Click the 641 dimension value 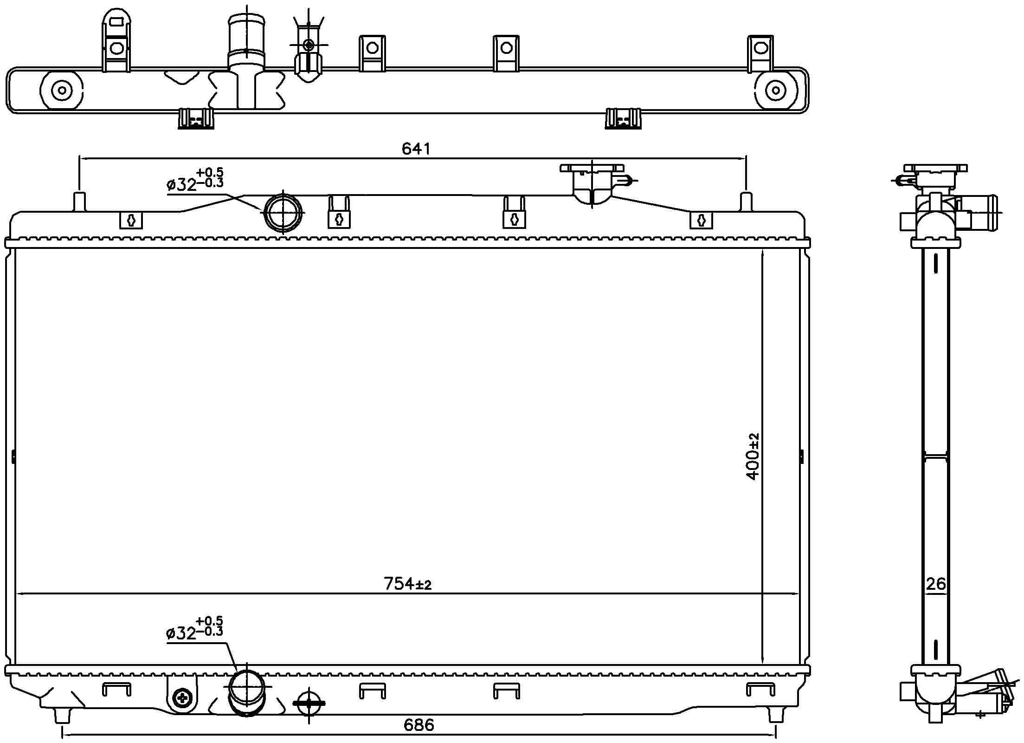(x=416, y=149)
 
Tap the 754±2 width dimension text (x=407, y=584)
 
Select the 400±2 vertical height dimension (x=753, y=456)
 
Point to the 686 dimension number (x=419, y=725)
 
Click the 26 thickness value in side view (x=935, y=584)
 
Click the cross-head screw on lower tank (x=182, y=697)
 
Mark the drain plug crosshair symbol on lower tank (x=309, y=704)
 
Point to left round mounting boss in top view (x=62, y=91)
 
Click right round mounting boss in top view (x=774, y=91)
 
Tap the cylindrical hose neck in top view (x=246, y=42)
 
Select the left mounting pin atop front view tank (x=80, y=201)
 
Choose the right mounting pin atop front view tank (x=746, y=201)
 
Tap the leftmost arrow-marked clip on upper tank (x=131, y=221)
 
